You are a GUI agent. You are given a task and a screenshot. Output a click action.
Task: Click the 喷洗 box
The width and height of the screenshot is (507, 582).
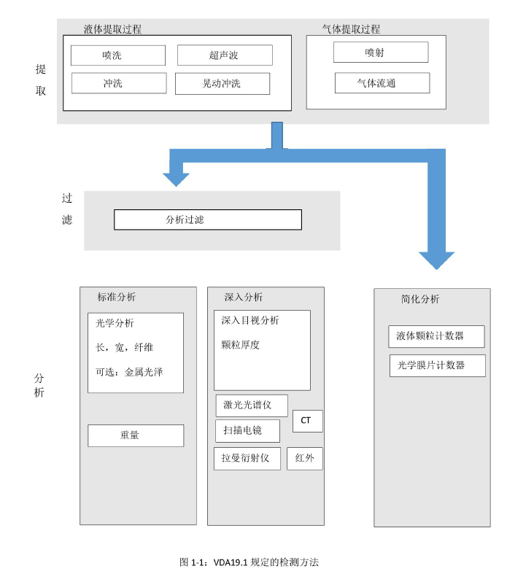(118, 55)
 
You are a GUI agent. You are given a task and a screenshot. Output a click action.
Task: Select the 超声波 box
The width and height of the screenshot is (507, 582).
(225, 55)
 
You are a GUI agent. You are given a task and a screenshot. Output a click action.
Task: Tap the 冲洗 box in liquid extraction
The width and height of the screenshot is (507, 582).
(119, 83)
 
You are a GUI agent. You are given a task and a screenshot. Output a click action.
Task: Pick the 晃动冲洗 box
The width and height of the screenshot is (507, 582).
(222, 84)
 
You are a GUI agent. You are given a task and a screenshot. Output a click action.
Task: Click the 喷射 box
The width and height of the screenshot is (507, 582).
(381, 53)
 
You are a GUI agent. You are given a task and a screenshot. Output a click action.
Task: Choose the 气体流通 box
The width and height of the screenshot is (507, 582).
(382, 83)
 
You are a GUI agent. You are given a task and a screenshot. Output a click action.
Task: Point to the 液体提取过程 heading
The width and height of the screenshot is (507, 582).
(112, 29)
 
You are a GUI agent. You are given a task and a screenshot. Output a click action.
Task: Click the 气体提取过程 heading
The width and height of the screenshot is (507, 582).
(351, 29)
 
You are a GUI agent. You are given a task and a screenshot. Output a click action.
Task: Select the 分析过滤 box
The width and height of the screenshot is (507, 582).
(207, 220)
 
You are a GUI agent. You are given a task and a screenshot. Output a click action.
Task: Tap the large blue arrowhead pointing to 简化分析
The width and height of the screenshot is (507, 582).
(436, 260)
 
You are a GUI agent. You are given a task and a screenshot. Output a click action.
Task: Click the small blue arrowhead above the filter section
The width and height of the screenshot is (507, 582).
(176, 179)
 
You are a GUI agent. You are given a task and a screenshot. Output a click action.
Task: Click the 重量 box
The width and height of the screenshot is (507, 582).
(136, 435)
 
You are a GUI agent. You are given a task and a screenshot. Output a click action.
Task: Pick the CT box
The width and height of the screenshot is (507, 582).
(307, 421)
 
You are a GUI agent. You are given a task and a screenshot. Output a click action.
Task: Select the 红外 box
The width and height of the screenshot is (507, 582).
(305, 459)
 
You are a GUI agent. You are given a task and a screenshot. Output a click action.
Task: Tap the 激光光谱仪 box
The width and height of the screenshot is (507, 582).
(251, 406)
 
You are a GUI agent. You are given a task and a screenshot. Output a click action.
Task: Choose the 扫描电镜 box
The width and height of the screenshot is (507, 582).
(247, 431)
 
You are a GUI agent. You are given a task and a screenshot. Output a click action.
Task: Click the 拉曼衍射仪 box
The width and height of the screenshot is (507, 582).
(247, 459)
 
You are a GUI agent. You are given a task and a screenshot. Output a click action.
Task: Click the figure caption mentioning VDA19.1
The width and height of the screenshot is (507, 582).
(249, 562)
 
